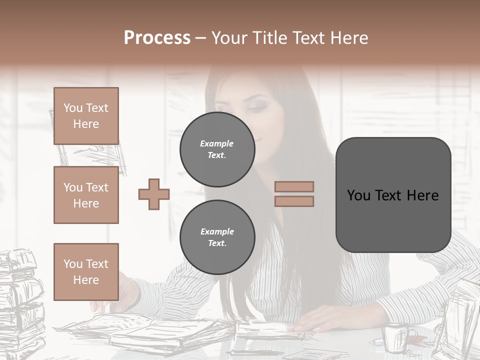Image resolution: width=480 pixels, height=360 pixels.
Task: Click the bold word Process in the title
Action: tap(157, 37)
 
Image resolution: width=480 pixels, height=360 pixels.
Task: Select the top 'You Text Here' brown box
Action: tap(86, 116)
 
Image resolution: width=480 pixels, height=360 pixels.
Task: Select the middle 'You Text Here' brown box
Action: tap(86, 195)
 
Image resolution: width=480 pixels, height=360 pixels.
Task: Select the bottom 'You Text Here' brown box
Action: tap(86, 271)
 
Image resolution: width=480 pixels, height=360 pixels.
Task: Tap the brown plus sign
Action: tap(154, 194)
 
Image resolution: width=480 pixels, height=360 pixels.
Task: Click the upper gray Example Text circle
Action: tap(217, 149)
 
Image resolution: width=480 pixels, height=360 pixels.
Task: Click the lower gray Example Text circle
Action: tap(217, 237)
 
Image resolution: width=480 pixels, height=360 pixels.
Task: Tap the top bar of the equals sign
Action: tap(294, 186)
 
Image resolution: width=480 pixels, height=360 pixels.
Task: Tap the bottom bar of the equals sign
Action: tap(294, 201)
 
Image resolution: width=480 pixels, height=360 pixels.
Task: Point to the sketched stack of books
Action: tap(20, 300)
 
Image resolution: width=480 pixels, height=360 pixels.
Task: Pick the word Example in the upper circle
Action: tap(216, 143)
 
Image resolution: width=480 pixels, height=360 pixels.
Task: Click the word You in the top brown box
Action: tap(72, 108)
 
